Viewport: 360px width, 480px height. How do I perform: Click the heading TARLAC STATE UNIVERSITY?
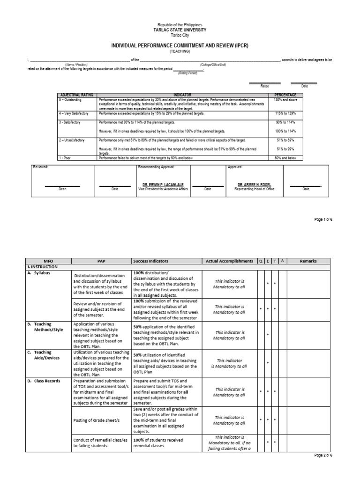click(180, 29)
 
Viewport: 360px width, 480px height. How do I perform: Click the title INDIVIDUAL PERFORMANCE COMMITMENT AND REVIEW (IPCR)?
click(180, 45)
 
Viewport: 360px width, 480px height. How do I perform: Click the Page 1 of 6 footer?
click(322, 219)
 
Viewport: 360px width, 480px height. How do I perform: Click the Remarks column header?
click(308, 261)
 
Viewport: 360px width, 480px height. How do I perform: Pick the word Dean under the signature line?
click(63, 189)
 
